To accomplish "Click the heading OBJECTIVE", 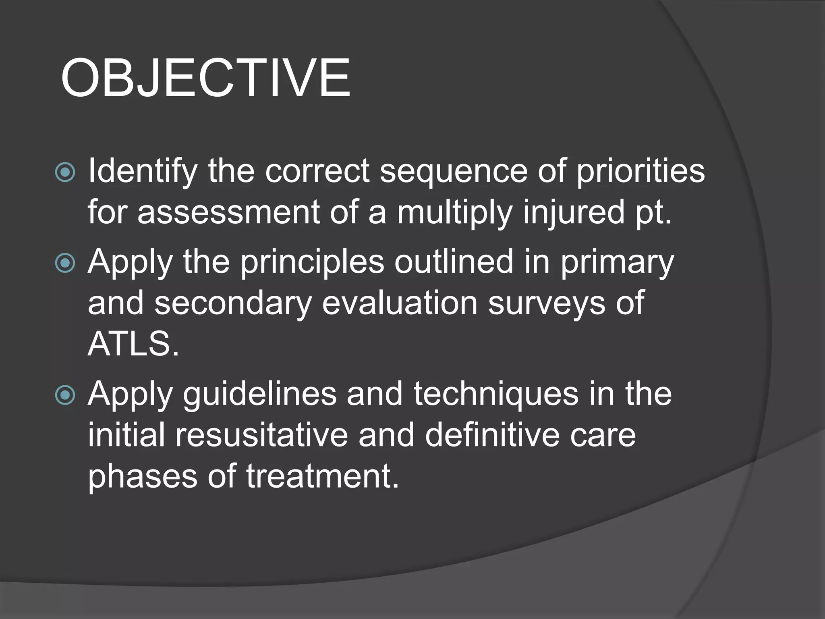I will pyautogui.click(x=205, y=78).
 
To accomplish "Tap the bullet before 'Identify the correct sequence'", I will pyautogui.click(x=65, y=172).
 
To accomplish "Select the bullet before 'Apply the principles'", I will pyautogui.click(x=65, y=263).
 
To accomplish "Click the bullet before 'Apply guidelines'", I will pyautogui.click(x=65, y=395).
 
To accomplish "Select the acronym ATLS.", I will pyautogui.click(x=133, y=345).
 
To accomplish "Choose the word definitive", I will pyautogui.click(x=492, y=435).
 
